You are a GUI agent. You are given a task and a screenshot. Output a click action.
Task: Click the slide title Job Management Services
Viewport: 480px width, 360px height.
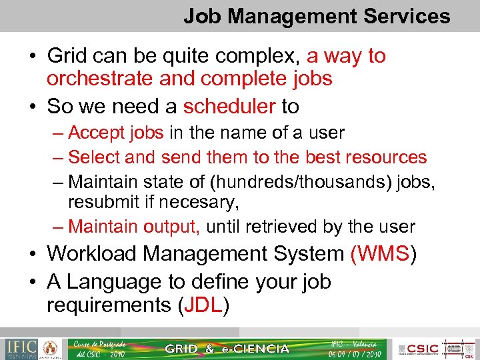click(x=317, y=16)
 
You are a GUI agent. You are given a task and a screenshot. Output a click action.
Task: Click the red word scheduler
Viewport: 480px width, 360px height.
click(x=229, y=106)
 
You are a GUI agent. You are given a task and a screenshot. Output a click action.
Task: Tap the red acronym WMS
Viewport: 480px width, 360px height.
click(x=381, y=253)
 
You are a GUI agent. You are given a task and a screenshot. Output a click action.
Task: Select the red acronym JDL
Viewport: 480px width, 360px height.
click(x=203, y=305)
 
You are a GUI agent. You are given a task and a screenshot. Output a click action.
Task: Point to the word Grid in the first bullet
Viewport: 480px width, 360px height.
click(x=67, y=55)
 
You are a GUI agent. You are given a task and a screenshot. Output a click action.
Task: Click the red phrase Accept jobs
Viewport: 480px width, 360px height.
click(x=116, y=133)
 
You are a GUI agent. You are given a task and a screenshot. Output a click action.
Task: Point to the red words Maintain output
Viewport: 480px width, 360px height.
click(x=134, y=227)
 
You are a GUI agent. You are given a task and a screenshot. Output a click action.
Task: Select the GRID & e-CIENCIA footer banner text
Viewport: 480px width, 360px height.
click(x=227, y=349)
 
